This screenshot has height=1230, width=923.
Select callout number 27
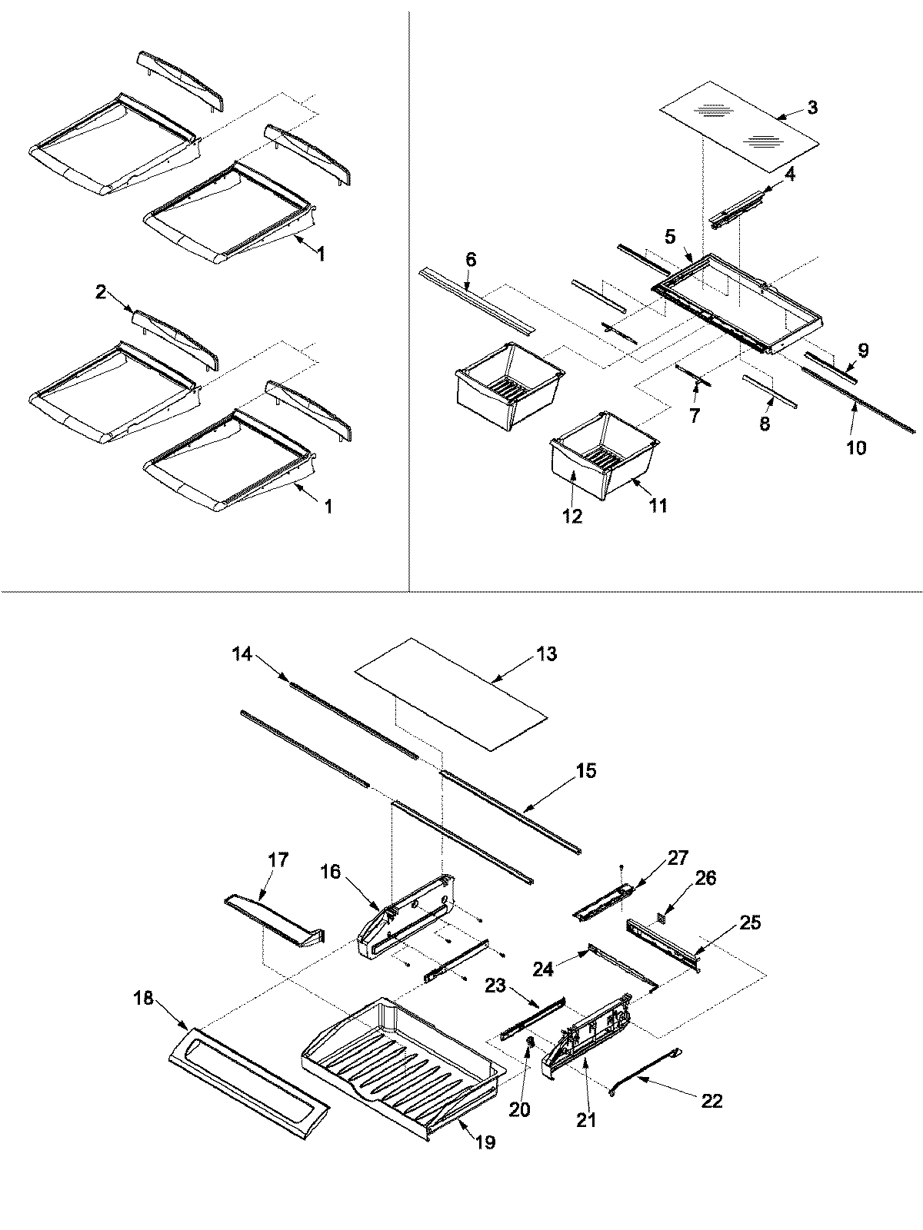pos(678,858)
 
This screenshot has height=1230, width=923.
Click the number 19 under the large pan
pos(485,1142)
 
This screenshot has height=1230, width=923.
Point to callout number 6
pos(471,260)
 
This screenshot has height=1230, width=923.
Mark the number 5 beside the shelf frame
pos(670,238)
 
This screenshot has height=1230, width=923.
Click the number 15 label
pos(586,770)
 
